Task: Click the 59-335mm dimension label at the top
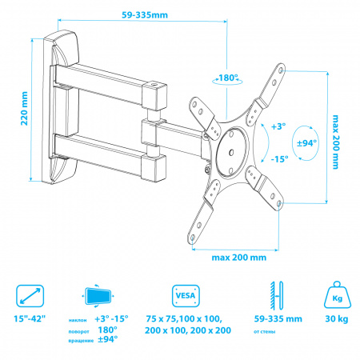pyautogui.click(x=145, y=15)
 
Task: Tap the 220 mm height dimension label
pyautogui.click(x=24, y=108)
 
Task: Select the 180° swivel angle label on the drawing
pyautogui.click(x=228, y=78)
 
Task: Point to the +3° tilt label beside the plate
pyautogui.click(x=278, y=126)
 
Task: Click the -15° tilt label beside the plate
pyautogui.click(x=279, y=159)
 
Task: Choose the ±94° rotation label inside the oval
pyautogui.click(x=306, y=143)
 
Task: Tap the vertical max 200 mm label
pyautogui.click(x=336, y=142)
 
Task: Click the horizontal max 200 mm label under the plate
pyautogui.click(x=239, y=258)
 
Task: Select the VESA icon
pyautogui.click(x=186, y=296)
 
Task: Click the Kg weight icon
pyautogui.click(x=337, y=294)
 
